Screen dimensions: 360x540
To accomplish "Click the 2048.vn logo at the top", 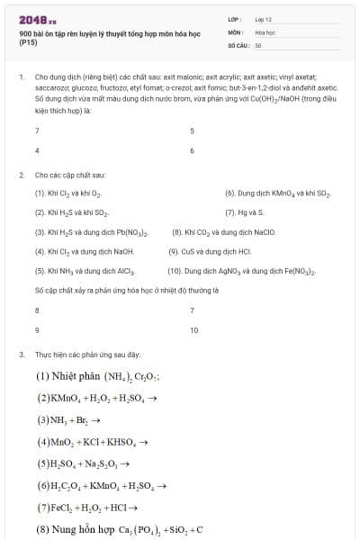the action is tap(37, 18).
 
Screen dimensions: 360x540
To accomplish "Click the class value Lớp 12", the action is tap(263, 18).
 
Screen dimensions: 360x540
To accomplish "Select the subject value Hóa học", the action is tap(264, 31).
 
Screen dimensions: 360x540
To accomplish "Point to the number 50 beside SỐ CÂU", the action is tap(258, 43).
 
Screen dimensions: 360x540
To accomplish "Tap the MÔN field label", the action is tap(235, 31).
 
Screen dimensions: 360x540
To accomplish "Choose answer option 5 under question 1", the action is tap(192, 130).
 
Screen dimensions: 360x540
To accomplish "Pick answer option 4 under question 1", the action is tap(37, 149).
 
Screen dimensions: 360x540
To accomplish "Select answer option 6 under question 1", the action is tap(192, 149).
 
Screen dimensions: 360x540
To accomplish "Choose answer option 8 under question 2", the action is tap(37, 310).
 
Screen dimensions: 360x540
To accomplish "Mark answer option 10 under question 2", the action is tap(193, 330).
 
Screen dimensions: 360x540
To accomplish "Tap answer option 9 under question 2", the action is tap(37, 330).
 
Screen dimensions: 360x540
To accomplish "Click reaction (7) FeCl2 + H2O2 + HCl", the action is tap(88, 507).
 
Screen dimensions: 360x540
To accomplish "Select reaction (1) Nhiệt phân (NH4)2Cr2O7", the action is tap(98, 376).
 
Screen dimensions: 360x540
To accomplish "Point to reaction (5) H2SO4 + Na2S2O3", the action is tap(84, 463).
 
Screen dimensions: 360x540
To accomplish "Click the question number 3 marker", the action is tap(21, 355).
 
